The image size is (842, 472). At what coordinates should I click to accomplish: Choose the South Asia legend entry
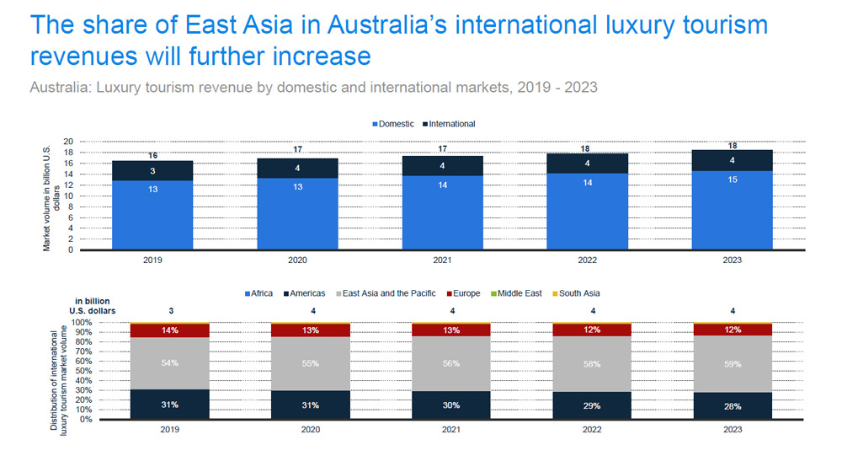pyautogui.click(x=578, y=293)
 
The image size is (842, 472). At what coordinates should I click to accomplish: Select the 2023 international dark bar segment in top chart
pyautogui.click(x=733, y=160)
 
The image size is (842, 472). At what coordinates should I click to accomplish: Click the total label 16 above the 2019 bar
pyautogui.click(x=153, y=155)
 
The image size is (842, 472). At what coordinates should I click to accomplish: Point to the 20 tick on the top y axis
pyautogui.click(x=69, y=142)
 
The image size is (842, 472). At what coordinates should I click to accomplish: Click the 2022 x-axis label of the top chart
pyautogui.click(x=588, y=260)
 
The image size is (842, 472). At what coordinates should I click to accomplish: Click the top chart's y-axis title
pyautogui.click(x=51, y=196)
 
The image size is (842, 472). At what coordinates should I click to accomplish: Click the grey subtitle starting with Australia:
pyautogui.click(x=313, y=87)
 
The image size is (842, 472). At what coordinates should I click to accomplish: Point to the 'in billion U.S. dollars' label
pyautogui.click(x=93, y=305)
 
